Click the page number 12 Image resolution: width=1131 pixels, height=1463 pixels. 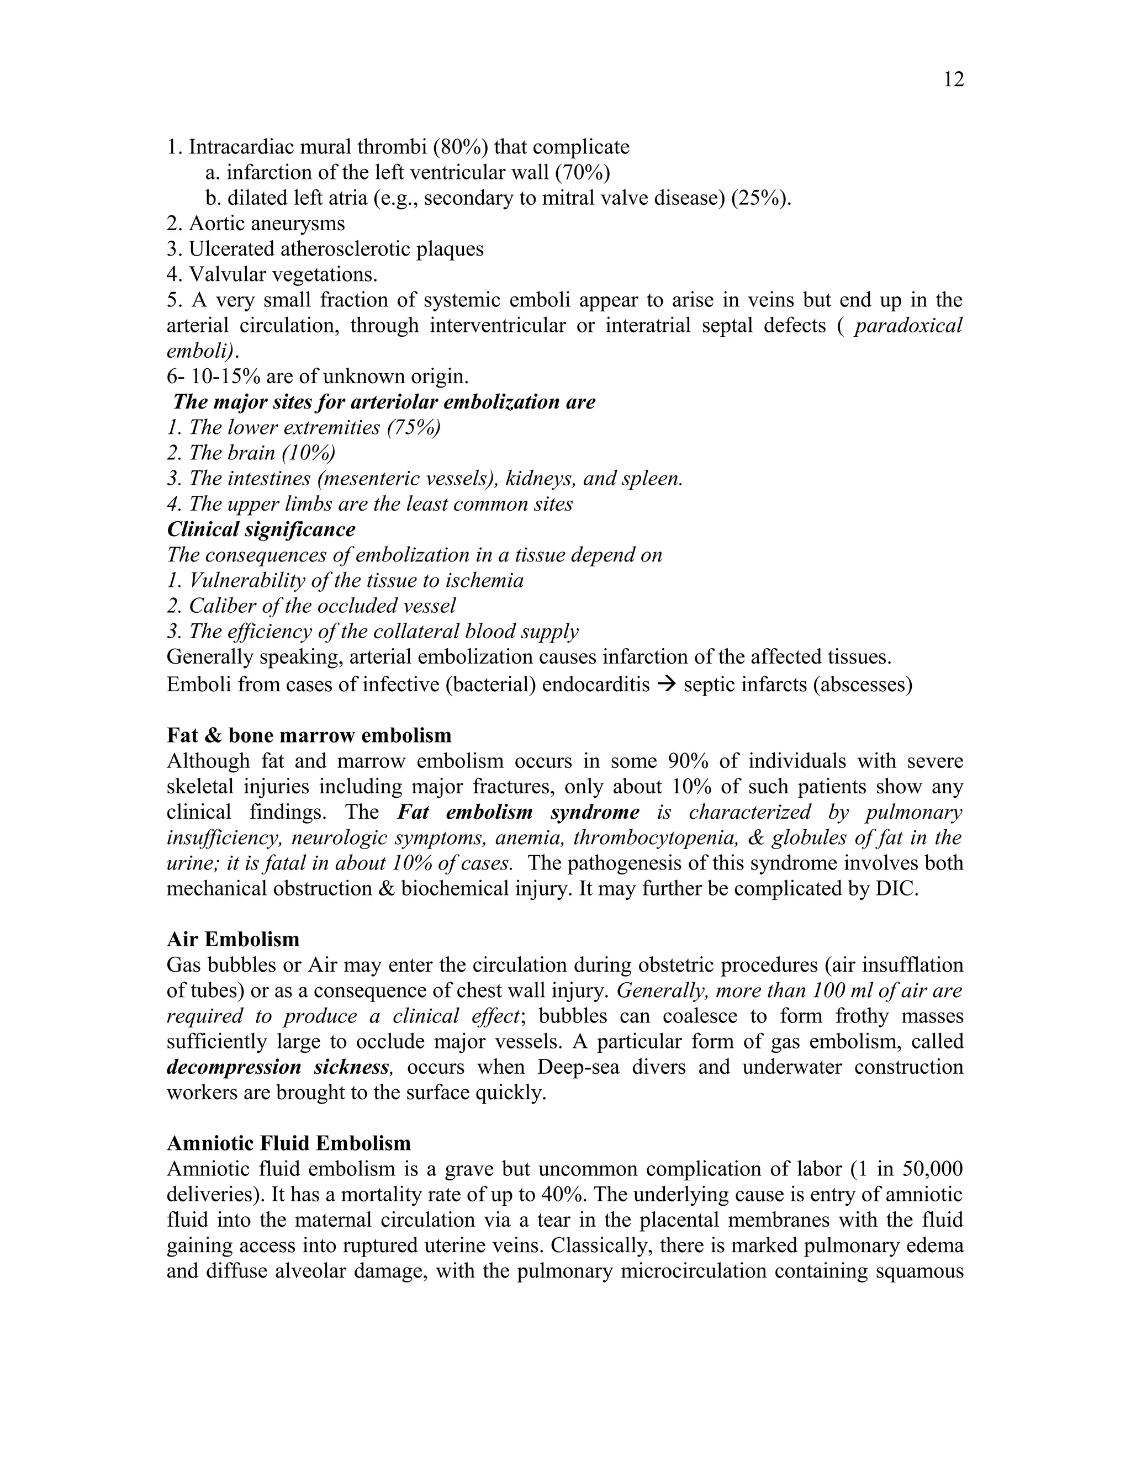pos(953,79)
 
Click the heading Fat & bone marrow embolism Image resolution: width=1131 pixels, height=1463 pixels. pos(309,735)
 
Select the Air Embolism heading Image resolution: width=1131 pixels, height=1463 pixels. pos(232,939)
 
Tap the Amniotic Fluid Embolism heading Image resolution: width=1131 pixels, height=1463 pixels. pos(289,1143)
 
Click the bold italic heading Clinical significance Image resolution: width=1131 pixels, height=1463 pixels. pos(261,529)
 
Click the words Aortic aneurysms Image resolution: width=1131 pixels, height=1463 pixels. pos(267,223)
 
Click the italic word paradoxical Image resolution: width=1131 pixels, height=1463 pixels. pos(908,326)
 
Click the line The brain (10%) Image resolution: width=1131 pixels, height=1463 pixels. pos(251,453)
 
